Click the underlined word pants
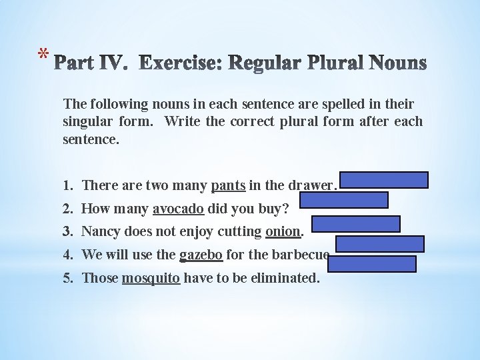click(225, 186)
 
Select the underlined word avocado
click(178, 209)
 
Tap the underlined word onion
click(283, 232)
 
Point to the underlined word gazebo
click(201, 255)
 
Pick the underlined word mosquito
click(151, 277)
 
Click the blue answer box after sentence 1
click(385, 181)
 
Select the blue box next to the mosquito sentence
click(372, 264)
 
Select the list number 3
click(69, 232)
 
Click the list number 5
click(69, 277)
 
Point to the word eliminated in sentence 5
click(283, 277)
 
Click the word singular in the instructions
click(90, 122)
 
